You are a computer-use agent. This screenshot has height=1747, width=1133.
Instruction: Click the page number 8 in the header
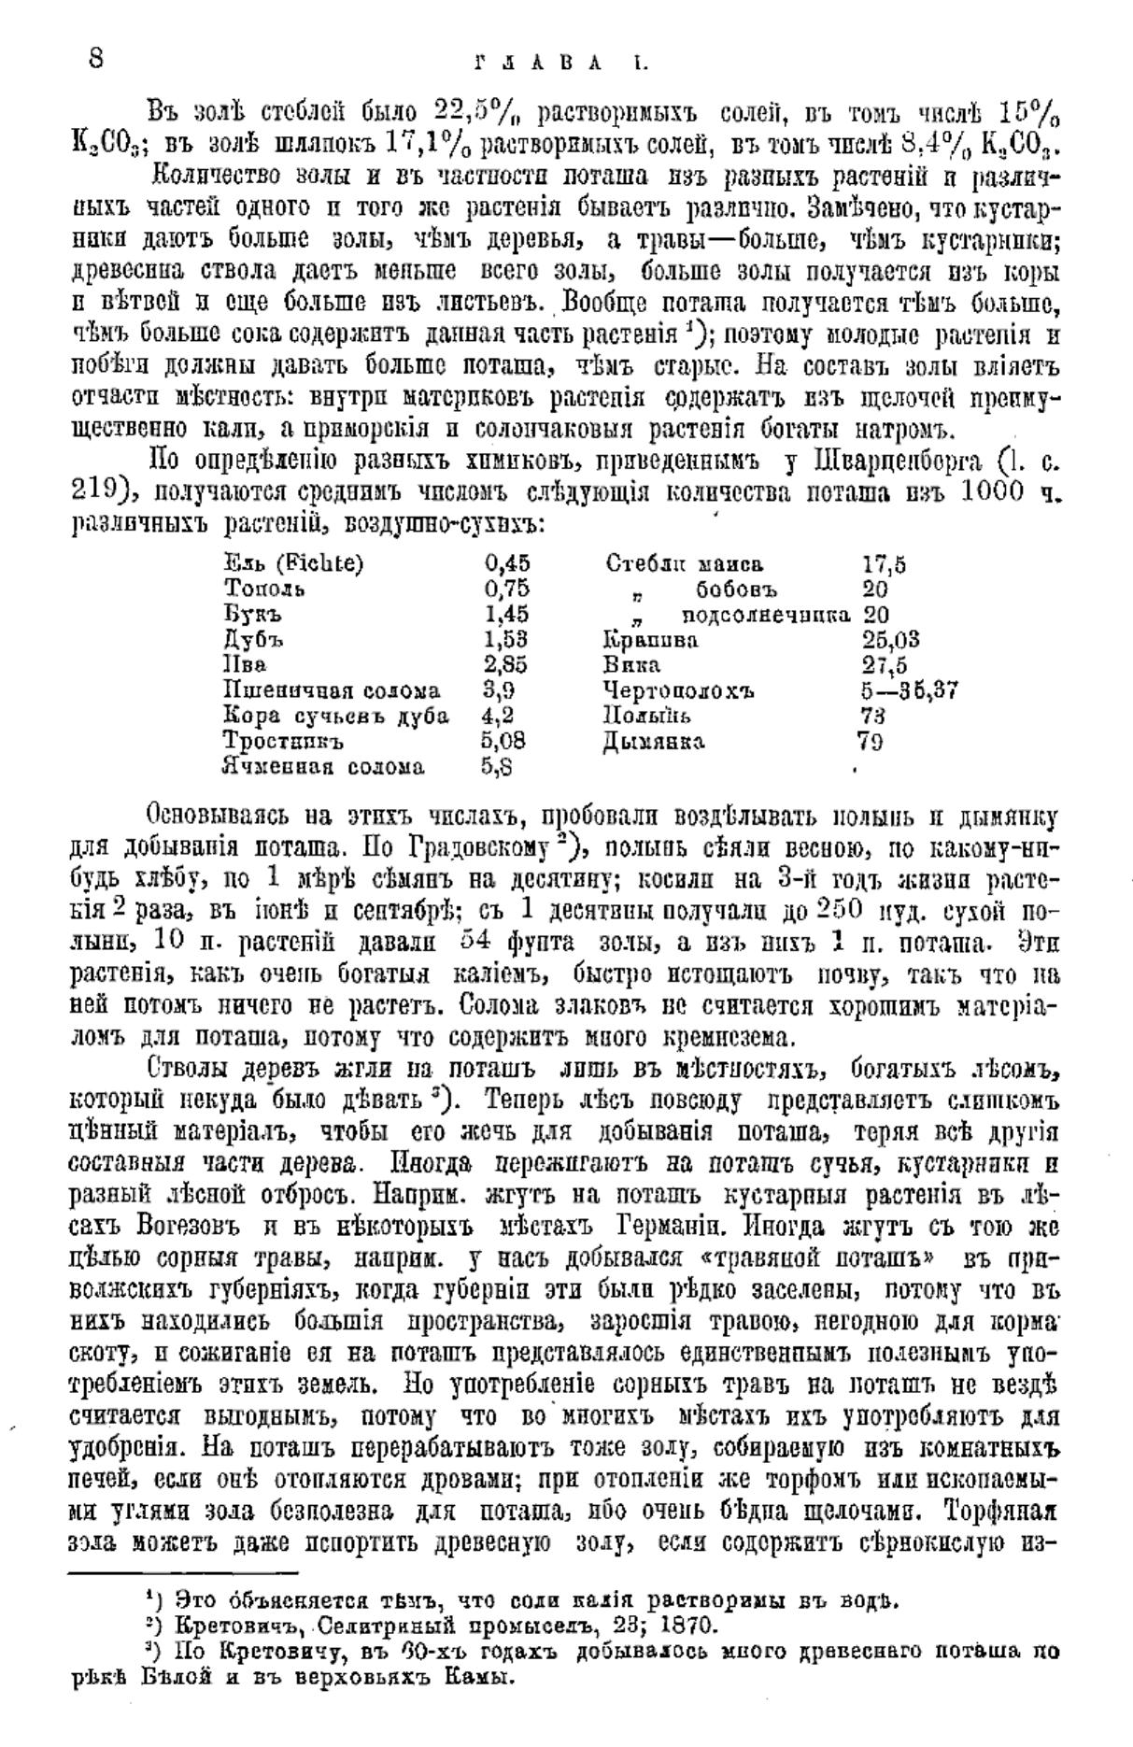click(x=95, y=59)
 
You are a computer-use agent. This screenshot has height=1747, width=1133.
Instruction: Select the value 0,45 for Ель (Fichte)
click(x=507, y=563)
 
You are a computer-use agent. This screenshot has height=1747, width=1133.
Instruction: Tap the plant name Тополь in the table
click(x=263, y=589)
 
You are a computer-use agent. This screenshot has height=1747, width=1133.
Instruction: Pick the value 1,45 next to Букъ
click(x=506, y=615)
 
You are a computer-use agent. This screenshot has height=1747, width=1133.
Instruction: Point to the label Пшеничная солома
click(x=332, y=691)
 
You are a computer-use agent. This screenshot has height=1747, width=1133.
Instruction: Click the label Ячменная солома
click(x=323, y=767)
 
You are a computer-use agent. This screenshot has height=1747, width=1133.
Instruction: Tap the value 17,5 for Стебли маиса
click(x=883, y=564)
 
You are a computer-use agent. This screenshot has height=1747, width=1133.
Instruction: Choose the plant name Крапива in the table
click(x=650, y=641)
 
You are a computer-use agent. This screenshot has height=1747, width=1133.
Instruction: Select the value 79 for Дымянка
click(x=871, y=742)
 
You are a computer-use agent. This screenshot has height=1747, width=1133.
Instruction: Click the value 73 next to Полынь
click(x=871, y=717)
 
